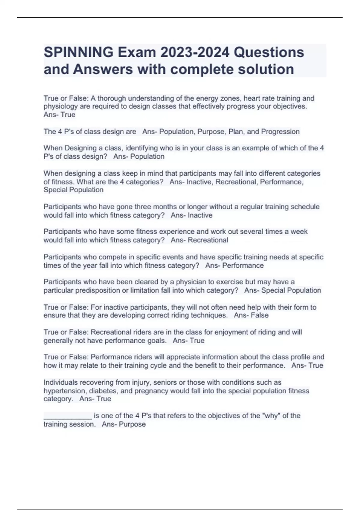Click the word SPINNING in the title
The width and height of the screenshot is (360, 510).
coord(79,52)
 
